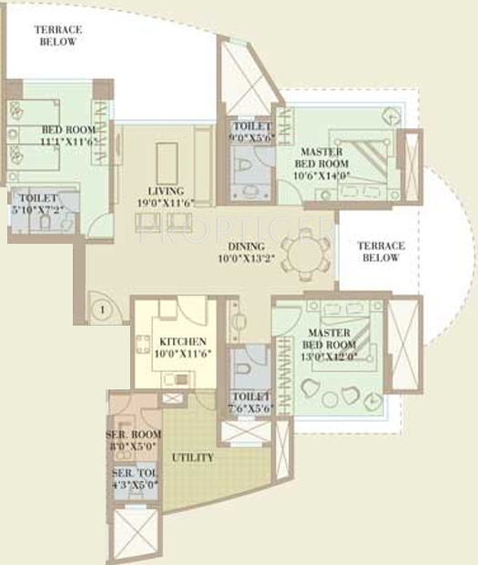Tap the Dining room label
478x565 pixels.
tap(247, 247)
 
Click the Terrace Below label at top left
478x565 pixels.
tap(58, 35)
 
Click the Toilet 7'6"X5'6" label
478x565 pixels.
tap(249, 402)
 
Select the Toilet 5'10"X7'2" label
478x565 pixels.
tap(37, 204)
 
